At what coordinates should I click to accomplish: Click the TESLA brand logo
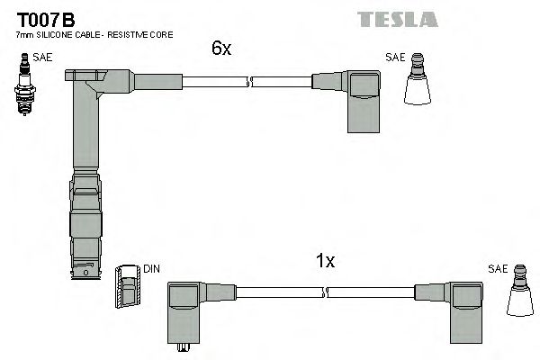397,19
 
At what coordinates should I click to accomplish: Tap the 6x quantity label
221,49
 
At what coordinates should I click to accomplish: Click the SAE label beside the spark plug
42,58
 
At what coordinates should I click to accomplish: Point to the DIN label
151,268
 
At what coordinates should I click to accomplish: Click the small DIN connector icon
127,287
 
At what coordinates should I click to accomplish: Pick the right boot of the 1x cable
464,307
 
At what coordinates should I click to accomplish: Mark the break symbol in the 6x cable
249,83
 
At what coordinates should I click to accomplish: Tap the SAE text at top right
395,57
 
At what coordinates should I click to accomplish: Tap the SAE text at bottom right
498,269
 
